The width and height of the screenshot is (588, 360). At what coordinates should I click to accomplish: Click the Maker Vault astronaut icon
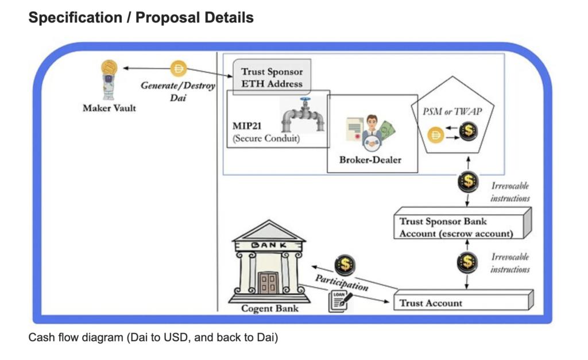(108, 80)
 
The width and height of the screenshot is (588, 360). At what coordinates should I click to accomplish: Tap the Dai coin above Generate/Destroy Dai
(179, 70)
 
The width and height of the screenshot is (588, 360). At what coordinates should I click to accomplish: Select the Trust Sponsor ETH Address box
(272, 78)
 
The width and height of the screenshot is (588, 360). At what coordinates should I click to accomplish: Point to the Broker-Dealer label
(370, 160)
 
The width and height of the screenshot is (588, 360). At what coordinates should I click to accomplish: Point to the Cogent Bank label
(270, 308)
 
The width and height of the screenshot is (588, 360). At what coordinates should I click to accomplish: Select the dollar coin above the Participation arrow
(346, 264)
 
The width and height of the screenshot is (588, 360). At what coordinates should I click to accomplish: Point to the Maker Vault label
(109, 108)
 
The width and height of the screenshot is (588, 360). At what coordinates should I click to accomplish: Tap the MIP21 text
(248, 126)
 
